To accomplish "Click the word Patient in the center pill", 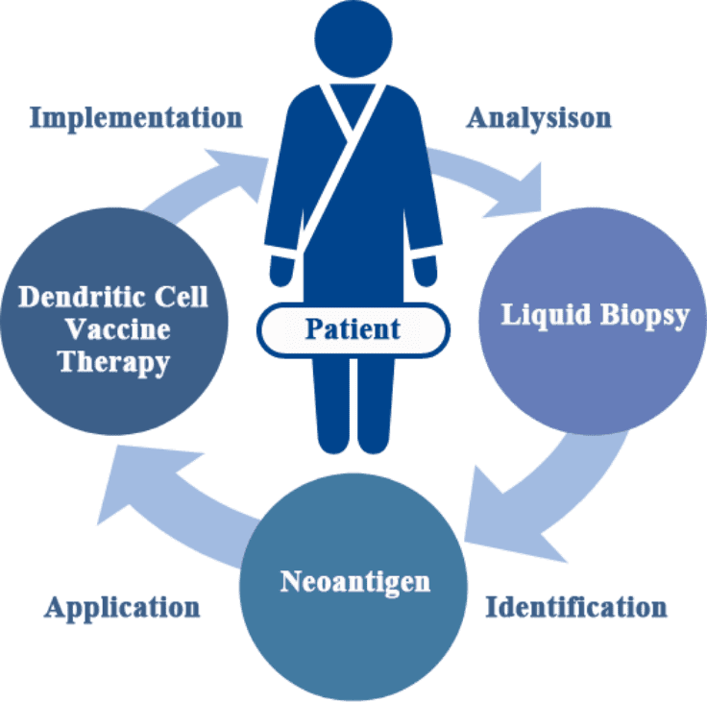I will point(353,329).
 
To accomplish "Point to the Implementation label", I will point(135,118).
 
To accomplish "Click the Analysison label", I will point(538,118).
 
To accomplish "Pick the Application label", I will point(122,607).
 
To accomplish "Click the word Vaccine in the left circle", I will point(113,329).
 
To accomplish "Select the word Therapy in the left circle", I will point(113,363).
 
